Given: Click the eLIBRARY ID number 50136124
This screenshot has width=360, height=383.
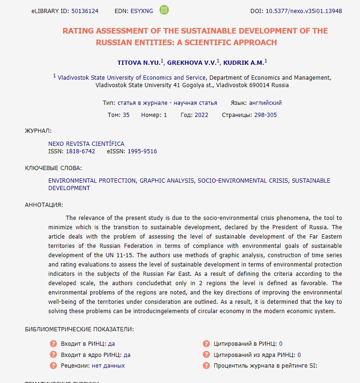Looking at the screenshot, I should coord(85,11).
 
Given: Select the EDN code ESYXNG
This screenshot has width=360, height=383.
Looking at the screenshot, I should coord(142,11).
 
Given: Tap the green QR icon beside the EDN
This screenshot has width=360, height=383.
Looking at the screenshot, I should coord(164,10).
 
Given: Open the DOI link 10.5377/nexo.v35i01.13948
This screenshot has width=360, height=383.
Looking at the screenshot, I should coord(304,11).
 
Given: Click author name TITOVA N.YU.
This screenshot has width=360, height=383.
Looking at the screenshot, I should coord(138,62).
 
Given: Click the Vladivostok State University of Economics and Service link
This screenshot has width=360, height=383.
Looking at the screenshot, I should coord(132,78).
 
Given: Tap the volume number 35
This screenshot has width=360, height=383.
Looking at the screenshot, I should coord(126,115).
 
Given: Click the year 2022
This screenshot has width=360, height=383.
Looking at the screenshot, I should coord(201,115).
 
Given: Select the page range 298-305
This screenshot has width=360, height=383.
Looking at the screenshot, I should coord(265,115).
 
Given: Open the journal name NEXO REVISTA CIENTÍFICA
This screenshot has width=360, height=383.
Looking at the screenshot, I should coord(86,144).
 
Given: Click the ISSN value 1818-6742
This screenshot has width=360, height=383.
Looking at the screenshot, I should coord(80,151).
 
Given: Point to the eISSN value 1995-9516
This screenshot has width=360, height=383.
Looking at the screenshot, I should coord(142,151).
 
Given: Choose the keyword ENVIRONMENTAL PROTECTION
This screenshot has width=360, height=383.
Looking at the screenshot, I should coord(92,180).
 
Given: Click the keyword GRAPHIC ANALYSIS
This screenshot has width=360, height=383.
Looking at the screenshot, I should coord(166,180).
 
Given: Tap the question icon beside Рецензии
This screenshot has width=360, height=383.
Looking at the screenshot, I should coord(53,365).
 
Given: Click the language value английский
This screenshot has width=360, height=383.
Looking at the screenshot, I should coord(265,103).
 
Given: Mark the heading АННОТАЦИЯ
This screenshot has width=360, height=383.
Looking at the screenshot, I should coord(43,205).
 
